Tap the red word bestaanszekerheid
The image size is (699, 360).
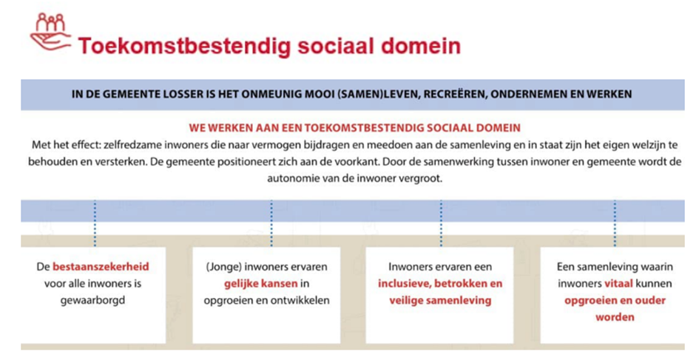point(101,267)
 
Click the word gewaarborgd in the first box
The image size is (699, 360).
point(92,301)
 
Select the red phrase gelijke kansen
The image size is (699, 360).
point(261,284)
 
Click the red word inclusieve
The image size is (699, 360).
point(405,284)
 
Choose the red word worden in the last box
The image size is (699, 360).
point(615,317)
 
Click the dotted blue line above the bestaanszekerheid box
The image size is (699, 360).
point(95,223)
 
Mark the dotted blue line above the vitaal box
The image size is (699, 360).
point(615,223)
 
